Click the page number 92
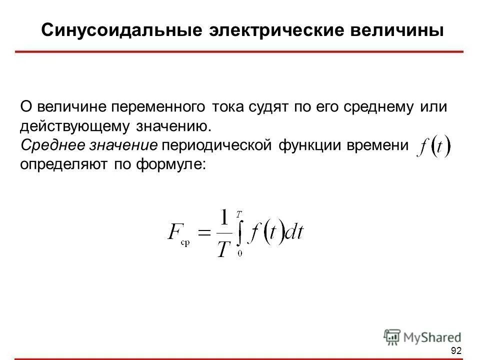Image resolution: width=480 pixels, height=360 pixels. coord(455,350)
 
